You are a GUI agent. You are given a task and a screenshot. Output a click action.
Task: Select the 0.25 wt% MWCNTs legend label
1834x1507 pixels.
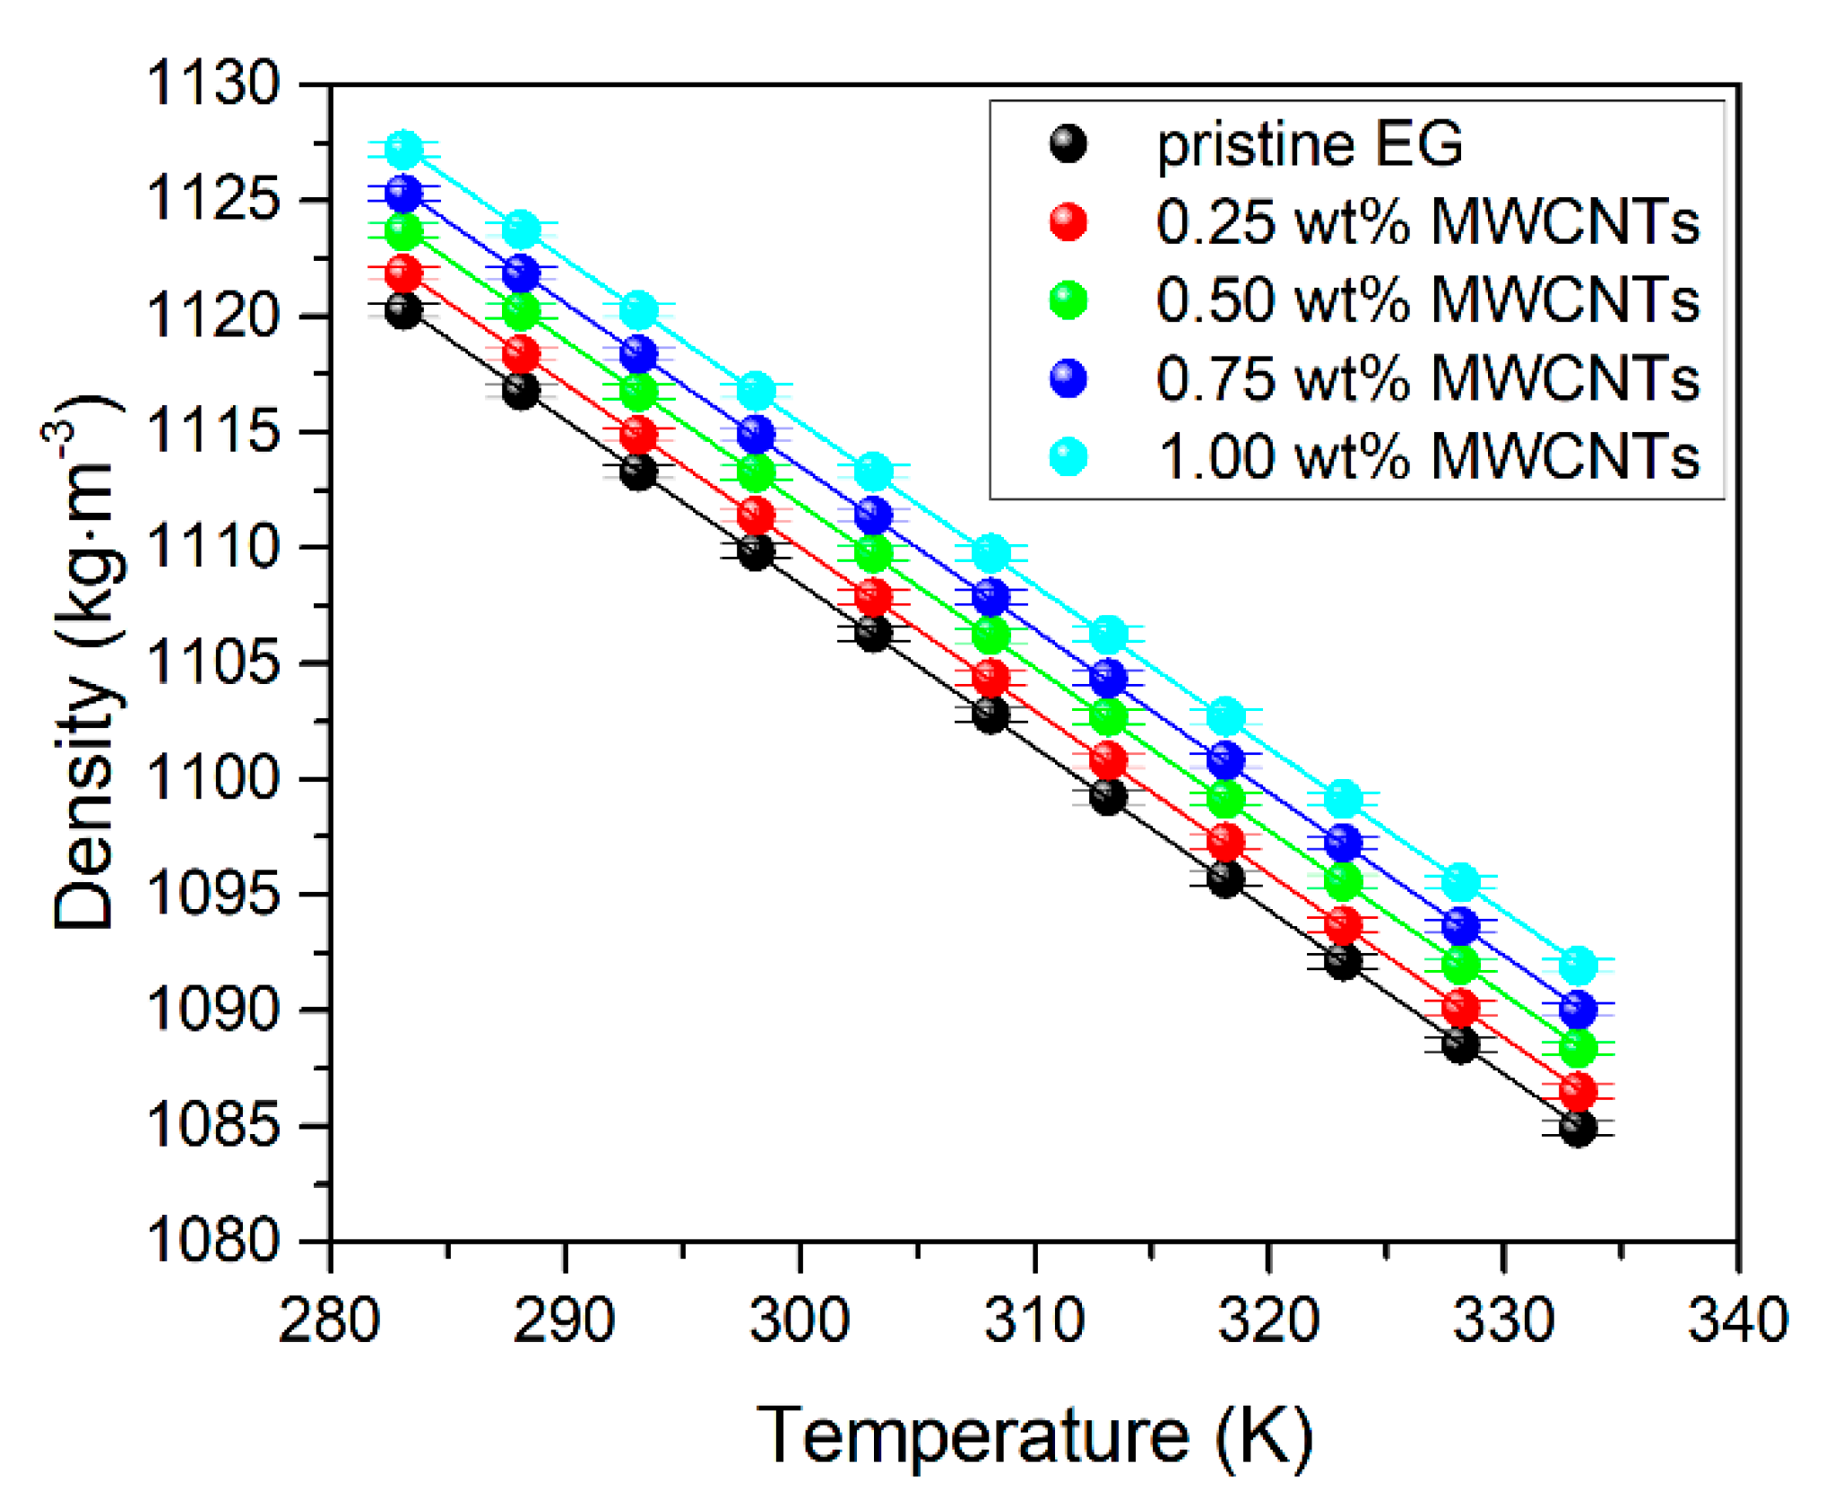click(1427, 221)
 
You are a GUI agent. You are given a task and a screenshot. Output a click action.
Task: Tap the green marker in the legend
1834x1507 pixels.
click(1068, 299)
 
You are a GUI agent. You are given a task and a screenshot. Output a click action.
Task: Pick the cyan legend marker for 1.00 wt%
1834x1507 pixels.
click(1068, 456)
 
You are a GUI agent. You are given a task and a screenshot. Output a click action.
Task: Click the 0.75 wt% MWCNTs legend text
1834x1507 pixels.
click(1427, 377)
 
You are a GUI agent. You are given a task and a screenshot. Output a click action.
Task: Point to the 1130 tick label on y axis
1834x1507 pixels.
click(213, 84)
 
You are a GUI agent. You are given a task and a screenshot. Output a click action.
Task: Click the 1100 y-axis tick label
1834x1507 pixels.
click(213, 778)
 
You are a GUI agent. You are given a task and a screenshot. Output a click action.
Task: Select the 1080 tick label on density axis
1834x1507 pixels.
click(213, 1241)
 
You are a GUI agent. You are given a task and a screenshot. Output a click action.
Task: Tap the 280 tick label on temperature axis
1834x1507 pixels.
click(330, 1321)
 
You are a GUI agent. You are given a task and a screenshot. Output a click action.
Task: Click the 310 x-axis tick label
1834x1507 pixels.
click(1034, 1321)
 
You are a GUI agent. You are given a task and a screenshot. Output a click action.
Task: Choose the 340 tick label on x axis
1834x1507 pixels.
click(1737, 1321)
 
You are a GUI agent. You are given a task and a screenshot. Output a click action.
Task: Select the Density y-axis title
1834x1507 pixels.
click(85, 663)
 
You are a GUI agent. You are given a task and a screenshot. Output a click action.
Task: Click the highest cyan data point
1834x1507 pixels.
click(403, 149)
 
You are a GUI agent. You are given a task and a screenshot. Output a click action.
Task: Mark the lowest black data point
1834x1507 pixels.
click(1578, 1128)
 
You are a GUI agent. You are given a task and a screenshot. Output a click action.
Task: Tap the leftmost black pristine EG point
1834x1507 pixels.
click(403, 310)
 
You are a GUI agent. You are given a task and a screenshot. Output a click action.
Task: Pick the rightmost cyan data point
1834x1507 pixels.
click(1578, 965)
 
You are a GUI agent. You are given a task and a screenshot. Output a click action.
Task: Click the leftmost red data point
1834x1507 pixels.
click(403, 272)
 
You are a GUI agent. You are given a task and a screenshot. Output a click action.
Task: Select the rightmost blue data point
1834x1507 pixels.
click(1578, 1009)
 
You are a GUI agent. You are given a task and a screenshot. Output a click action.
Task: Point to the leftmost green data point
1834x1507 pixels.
click(403, 232)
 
